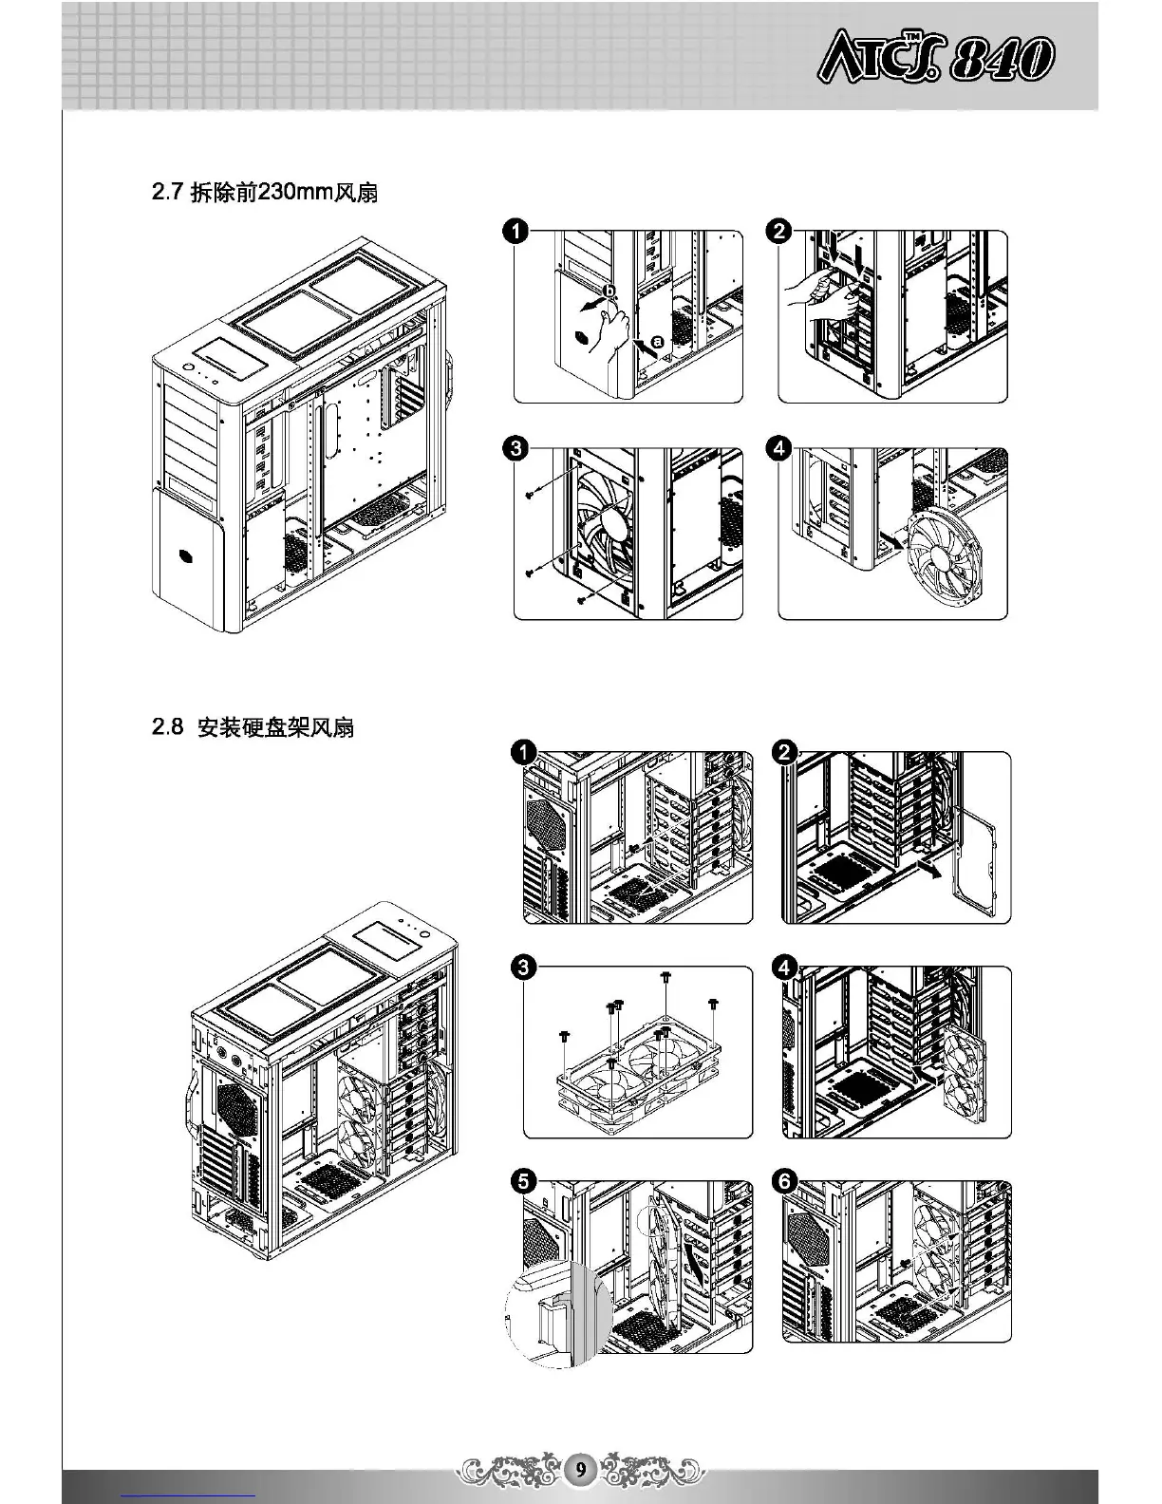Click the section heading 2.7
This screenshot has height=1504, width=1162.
265,193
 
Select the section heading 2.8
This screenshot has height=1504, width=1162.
253,728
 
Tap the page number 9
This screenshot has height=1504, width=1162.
580,1471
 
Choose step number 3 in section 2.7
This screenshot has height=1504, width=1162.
515,448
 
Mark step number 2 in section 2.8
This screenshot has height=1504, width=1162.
785,754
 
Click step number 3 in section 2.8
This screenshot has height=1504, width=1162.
523,968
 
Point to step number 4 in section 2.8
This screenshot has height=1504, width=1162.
785,968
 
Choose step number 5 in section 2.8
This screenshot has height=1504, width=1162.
523,1183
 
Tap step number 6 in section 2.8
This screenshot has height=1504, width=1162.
785,1183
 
